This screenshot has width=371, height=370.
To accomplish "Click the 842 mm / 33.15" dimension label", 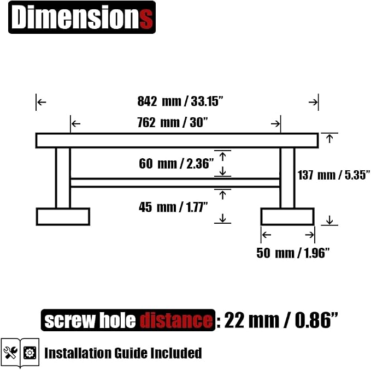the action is click(x=180, y=101).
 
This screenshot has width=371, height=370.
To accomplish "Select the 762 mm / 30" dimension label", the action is click(x=173, y=123).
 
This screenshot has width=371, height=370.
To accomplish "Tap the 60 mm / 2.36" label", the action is click(x=176, y=164).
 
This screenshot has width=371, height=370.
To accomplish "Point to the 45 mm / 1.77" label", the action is click(x=173, y=207).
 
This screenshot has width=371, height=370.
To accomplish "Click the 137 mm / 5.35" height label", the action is click(x=334, y=175).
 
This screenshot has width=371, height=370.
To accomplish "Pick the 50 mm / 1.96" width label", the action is click(x=293, y=253).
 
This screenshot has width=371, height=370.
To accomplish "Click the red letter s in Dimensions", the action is click(x=146, y=19).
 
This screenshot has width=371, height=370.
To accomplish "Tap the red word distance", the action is click(x=176, y=320).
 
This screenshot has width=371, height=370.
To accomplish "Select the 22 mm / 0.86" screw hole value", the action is click(x=281, y=320).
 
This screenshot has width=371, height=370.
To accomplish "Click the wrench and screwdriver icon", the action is click(x=10, y=353).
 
